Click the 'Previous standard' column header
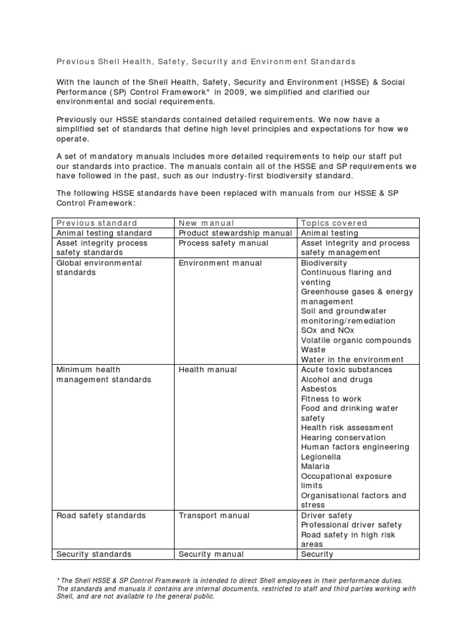click(97, 223)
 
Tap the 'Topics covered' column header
click(334, 223)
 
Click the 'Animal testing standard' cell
click(104, 233)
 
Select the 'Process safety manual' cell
click(223, 243)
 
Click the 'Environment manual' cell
click(220, 263)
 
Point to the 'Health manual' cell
click(207, 370)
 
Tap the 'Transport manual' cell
click(214, 515)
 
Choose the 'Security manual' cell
click(211, 554)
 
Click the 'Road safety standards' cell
click(101, 515)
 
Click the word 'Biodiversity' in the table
click(324, 263)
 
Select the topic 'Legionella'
click(320, 457)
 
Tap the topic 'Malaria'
click(315, 467)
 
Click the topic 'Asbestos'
click(318, 389)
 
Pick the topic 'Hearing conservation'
click(343, 438)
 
